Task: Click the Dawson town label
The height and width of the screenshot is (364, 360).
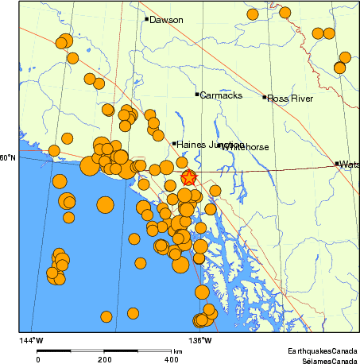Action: click(166, 20)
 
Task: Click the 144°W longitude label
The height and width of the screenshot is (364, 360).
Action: click(33, 340)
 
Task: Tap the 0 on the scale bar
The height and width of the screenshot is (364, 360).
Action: click(37, 359)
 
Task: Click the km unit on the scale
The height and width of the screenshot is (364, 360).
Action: click(178, 350)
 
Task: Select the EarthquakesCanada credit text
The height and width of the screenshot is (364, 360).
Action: click(323, 350)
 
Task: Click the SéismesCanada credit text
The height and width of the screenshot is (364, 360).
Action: click(325, 359)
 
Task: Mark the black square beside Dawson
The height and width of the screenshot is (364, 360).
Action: click(147, 19)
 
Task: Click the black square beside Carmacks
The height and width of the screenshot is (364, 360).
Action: click(197, 95)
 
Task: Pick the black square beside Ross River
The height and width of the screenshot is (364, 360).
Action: click(265, 97)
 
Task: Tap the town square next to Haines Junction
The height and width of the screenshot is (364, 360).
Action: click(174, 144)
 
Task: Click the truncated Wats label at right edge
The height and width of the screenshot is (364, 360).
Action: click(349, 165)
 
